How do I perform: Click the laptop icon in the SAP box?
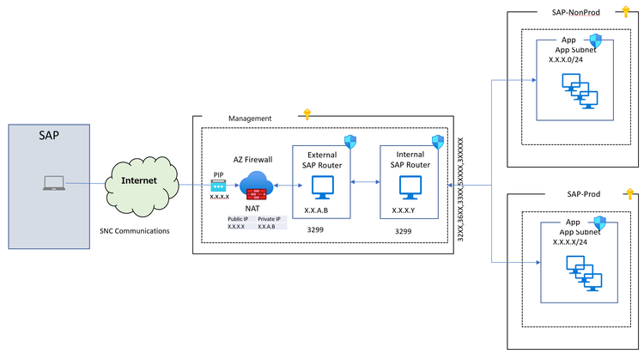53,183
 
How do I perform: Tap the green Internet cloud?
139,182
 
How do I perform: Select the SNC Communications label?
135,231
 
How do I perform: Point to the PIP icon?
219,184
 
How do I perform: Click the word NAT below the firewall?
254,208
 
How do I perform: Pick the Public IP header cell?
238,219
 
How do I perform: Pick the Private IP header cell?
268,219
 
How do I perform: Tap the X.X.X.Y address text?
404,210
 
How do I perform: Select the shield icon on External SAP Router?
349,140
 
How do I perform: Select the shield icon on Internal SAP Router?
438,141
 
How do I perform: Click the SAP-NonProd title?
571,13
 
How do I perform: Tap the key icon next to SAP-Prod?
628,192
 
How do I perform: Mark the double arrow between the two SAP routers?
366,183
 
